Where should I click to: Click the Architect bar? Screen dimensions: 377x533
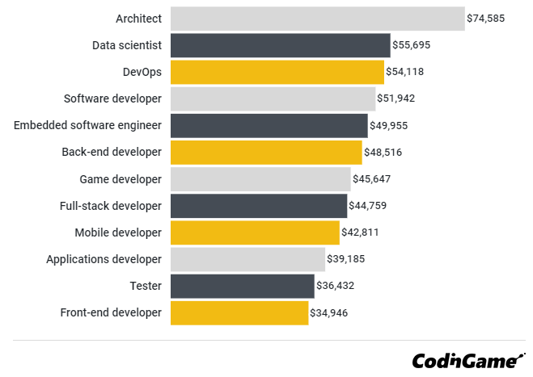[317, 19]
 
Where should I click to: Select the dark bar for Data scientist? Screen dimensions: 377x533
[280, 45]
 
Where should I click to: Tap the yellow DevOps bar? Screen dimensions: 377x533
[277, 72]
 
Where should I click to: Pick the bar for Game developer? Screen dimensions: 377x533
[260, 179]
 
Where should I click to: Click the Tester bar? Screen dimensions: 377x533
[242, 286]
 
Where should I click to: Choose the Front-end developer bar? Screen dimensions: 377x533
[239, 312]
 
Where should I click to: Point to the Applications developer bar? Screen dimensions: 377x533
[247, 259]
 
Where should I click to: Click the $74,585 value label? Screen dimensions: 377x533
[485, 19]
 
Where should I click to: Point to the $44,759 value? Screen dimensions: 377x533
[367, 206]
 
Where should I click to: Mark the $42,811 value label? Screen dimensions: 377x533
[360, 232]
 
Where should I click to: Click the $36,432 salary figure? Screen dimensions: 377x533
[335, 286]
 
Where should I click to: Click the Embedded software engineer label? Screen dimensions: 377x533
[87, 125]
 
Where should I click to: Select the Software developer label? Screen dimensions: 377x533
[112, 98]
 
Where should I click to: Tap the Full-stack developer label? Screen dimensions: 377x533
[111, 206]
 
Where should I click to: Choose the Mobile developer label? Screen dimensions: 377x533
[118, 232]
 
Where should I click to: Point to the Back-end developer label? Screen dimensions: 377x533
[112, 152]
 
